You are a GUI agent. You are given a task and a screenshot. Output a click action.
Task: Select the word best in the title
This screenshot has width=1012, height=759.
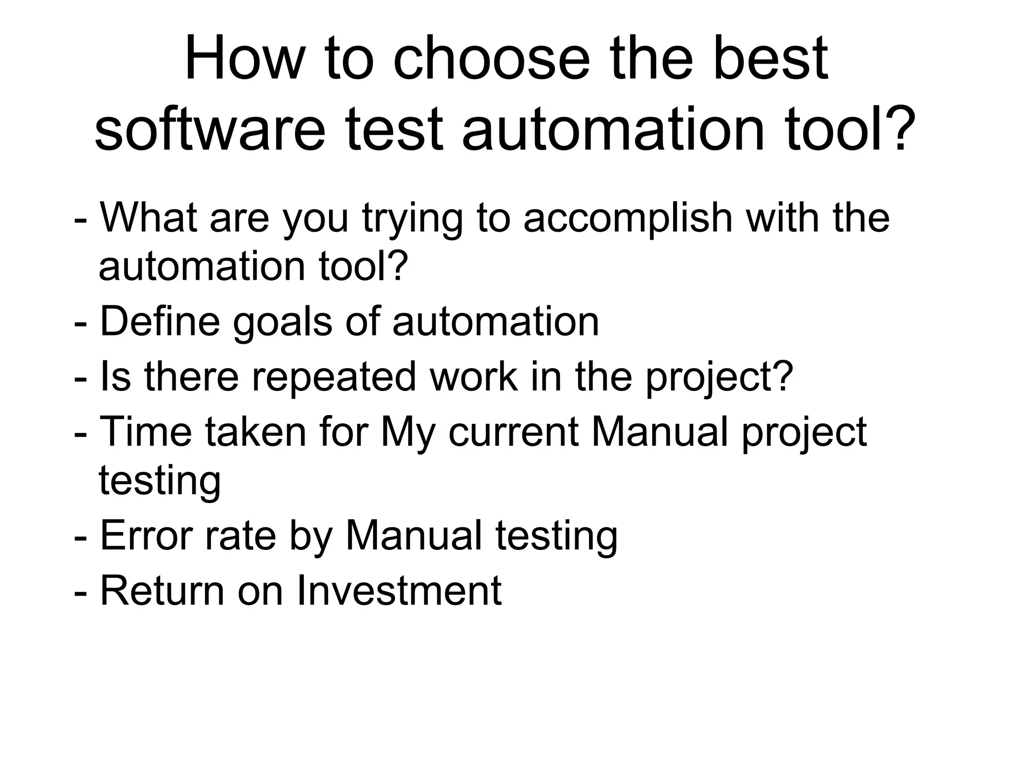tap(770, 58)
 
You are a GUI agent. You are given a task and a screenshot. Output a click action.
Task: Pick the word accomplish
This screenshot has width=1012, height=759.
tap(628, 219)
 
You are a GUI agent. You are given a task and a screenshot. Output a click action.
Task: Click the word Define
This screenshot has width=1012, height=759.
tap(160, 322)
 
